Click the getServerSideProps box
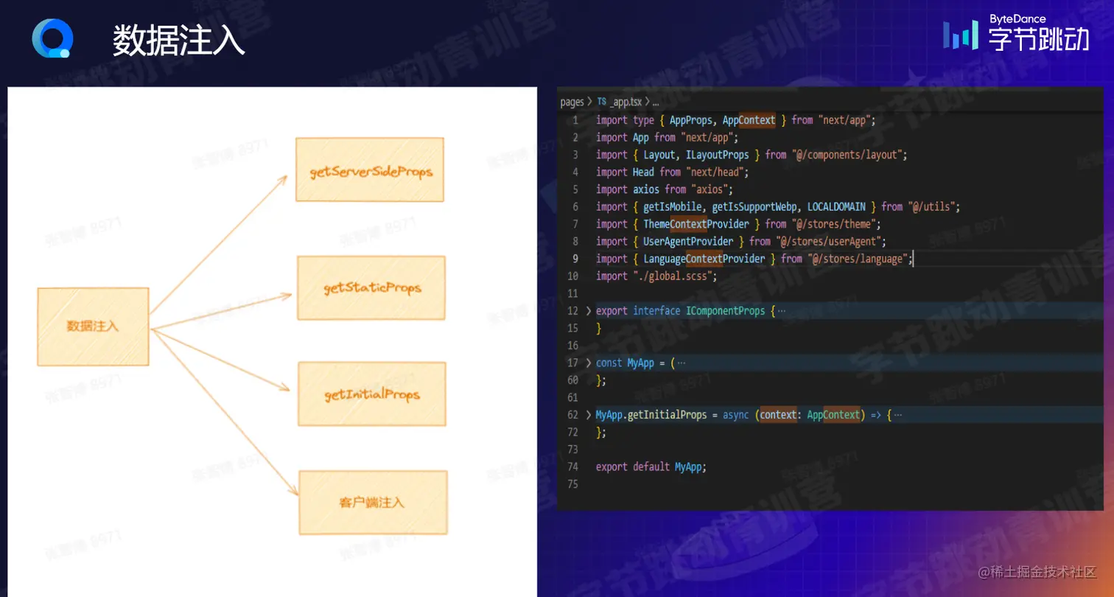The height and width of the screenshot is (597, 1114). [370, 170]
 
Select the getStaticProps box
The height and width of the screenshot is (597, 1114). [371, 287]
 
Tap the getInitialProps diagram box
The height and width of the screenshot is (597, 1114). [372, 394]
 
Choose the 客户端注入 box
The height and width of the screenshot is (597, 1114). [373, 502]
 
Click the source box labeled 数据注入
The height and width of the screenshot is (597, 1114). [93, 326]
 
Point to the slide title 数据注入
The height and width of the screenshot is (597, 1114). [179, 41]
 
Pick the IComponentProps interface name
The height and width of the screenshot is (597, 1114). [726, 310]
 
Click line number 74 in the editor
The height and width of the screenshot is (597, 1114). [572, 467]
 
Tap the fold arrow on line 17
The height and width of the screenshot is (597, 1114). [588, 363]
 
